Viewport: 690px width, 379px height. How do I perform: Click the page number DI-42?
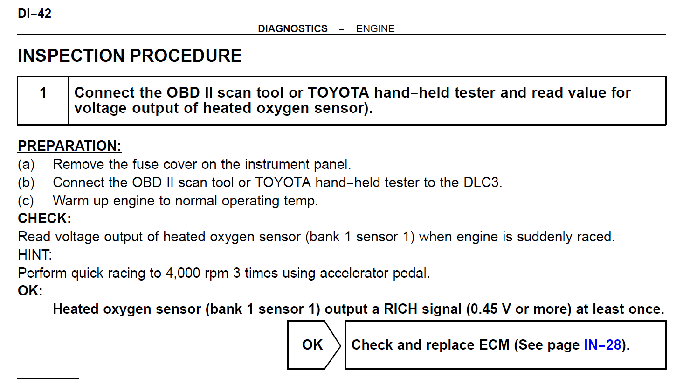pyautogui.click(x=34, y=14)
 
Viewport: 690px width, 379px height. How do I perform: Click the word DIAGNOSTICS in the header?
pyautogui.click(x=293, y=28)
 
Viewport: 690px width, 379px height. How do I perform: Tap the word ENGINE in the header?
pyautogui.click(x=375, y=28)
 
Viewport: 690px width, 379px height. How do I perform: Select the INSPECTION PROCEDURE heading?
pyautogui.click(x=130, y=56)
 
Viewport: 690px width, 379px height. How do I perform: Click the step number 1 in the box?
pyautogui.click(x=43, y=92)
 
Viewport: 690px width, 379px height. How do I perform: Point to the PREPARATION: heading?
pyautogui.click(x=69, y=146)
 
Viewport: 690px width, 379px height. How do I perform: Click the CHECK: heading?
pyautogui.click(x=44, y=218)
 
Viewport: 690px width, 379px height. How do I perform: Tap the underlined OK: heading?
pyautogui.click(x=30, y=290)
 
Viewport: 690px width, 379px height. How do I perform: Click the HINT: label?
pyautogui.click(x=35, y=255)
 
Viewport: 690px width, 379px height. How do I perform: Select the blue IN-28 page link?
pyautogui.click(x=602, y=345)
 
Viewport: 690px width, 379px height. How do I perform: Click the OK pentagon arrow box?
pyautogui.click(x=314, y=345)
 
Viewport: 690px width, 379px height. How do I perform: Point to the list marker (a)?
pyautogui.click(x=26, y=164)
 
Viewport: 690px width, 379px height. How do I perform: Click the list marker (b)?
pyautogui.click(x=26, y=182)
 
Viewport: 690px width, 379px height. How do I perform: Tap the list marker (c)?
pyautogui.click(x=26, y=201)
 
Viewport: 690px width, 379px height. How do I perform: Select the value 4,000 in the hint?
pyautogui.click(x=183, y=273)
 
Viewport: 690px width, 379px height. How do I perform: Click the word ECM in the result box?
pyautogui.click(x=494, y=345)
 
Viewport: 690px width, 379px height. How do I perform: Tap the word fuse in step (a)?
pyautogui.click(x=145, y=164)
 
